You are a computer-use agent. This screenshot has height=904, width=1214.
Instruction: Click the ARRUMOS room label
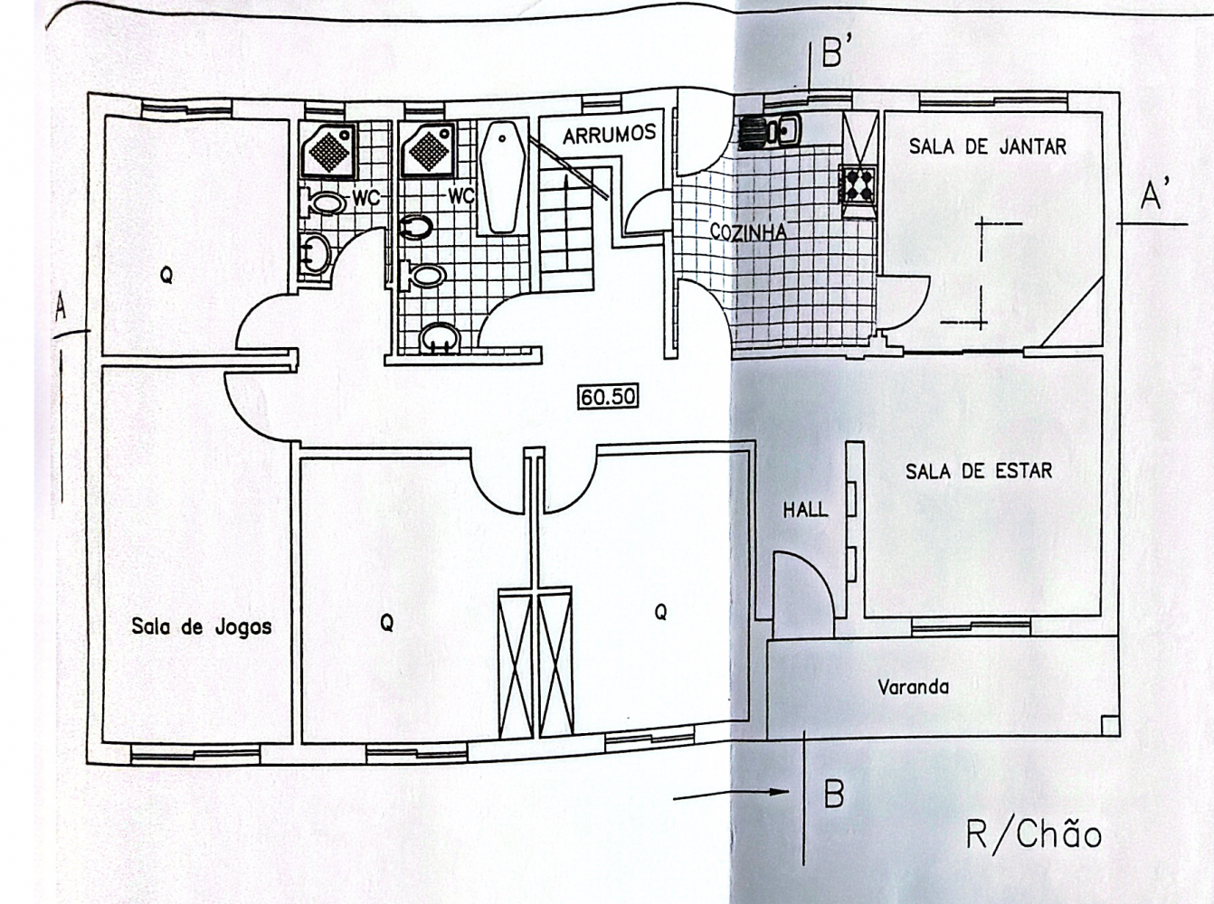[x=609, y=134]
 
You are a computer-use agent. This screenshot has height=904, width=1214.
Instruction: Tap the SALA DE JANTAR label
[x=988, y=146]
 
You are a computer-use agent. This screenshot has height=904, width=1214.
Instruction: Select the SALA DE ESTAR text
[x=979, y=471]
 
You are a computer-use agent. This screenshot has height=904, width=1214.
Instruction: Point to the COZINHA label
[x=748, y=232]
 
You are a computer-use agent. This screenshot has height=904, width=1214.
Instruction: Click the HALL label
[x=806, y=510]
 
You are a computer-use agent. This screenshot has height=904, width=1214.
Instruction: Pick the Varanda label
[x=913, y=687]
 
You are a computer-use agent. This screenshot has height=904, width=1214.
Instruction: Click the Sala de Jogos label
[x=202, y=626]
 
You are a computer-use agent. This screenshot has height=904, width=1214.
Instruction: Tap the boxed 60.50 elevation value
[x=609, y=397]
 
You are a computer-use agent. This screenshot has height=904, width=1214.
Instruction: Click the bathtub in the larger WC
[x=502, y=177]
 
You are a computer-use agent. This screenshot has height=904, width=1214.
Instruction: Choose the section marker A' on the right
[x=1151, y=196]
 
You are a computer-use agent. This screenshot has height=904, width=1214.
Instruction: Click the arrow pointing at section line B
[x=730, y=795]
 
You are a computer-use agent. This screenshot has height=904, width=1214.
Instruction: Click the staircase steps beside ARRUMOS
[x=566, y=219]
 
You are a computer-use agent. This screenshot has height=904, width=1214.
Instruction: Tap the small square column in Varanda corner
[x=1108, y=725]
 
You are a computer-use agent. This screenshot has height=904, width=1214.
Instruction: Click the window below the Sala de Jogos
[x=194, y=758]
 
